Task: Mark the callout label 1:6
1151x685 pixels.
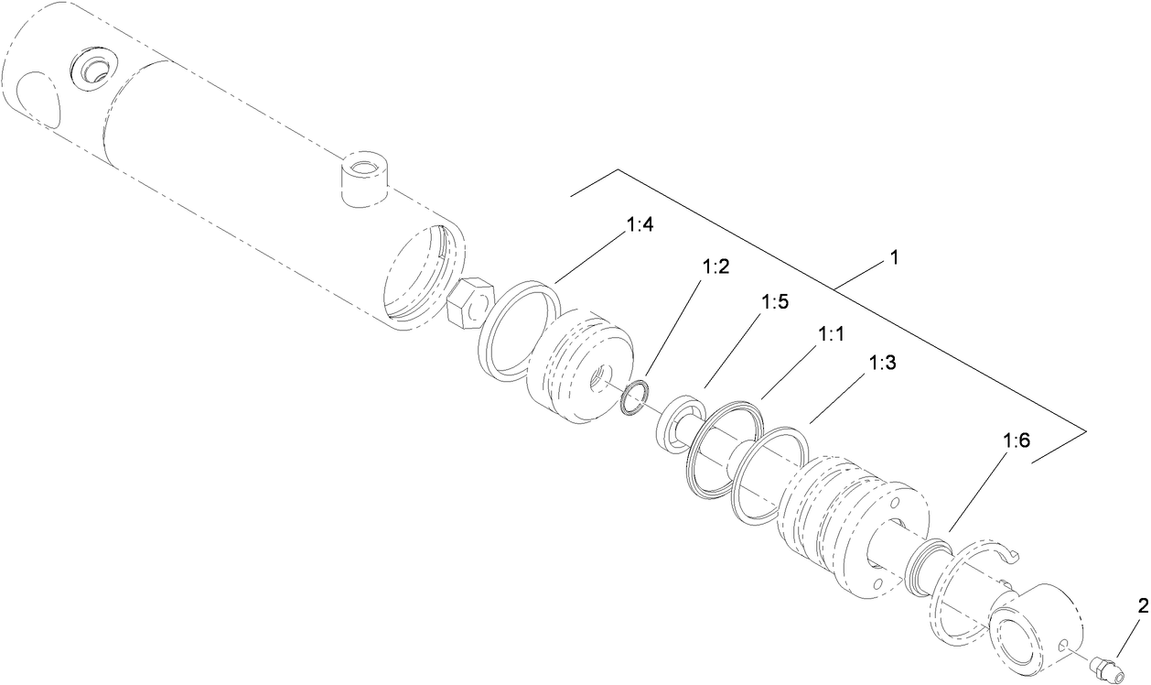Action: point(1017,440)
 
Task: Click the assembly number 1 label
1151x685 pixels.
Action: point(893,259)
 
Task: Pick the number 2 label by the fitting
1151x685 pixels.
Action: point(1142,605)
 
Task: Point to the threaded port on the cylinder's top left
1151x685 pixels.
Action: point(92,70)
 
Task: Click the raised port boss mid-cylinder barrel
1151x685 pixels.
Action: point(364,176)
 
